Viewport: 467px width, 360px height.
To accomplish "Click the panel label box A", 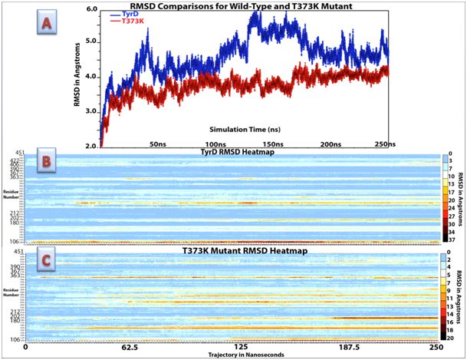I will [48, 25].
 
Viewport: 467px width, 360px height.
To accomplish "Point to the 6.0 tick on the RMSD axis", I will [90, 8].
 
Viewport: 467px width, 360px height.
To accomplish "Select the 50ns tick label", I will [159, 144].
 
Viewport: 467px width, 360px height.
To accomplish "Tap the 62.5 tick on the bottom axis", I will [129, 347].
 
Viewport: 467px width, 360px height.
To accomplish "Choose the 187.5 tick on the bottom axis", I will [335, 347].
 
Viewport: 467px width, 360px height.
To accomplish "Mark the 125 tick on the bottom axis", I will [232, 347].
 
